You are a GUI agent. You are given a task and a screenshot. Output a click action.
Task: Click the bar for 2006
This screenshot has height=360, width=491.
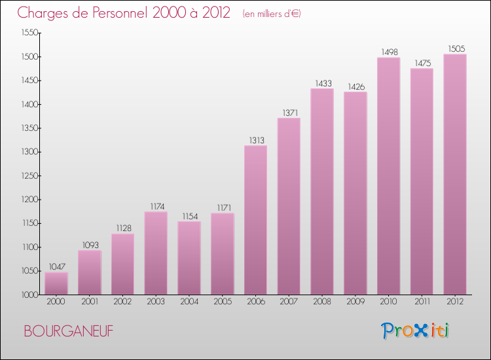point(255,220)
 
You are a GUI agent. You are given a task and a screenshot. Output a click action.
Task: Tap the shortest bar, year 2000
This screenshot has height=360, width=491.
point(56,283)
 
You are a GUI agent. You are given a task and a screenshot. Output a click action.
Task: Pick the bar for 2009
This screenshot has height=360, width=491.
point(355,193)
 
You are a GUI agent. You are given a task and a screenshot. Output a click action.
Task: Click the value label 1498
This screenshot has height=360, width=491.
point(389,52)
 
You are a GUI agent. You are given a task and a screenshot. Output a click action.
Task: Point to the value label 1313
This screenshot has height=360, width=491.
point(255,139)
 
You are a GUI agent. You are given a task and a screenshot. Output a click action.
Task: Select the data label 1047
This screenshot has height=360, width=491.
point(56,266)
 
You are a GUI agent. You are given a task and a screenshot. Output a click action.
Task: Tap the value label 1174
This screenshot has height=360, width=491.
point(156,206)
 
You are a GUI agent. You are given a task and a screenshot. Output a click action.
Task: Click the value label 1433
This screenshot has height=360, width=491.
point(322,82)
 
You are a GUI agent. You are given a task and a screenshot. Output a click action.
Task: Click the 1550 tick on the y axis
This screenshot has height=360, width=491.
point(28,33)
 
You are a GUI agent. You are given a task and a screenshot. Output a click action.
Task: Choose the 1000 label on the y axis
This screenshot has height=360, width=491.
point(28,295)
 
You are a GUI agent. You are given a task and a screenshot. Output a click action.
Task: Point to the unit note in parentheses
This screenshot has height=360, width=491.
point(272,14)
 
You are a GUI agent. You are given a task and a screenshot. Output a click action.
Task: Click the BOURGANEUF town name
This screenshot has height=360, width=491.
point(68,331)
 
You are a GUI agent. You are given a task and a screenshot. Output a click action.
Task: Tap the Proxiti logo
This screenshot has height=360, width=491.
point(415,331)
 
